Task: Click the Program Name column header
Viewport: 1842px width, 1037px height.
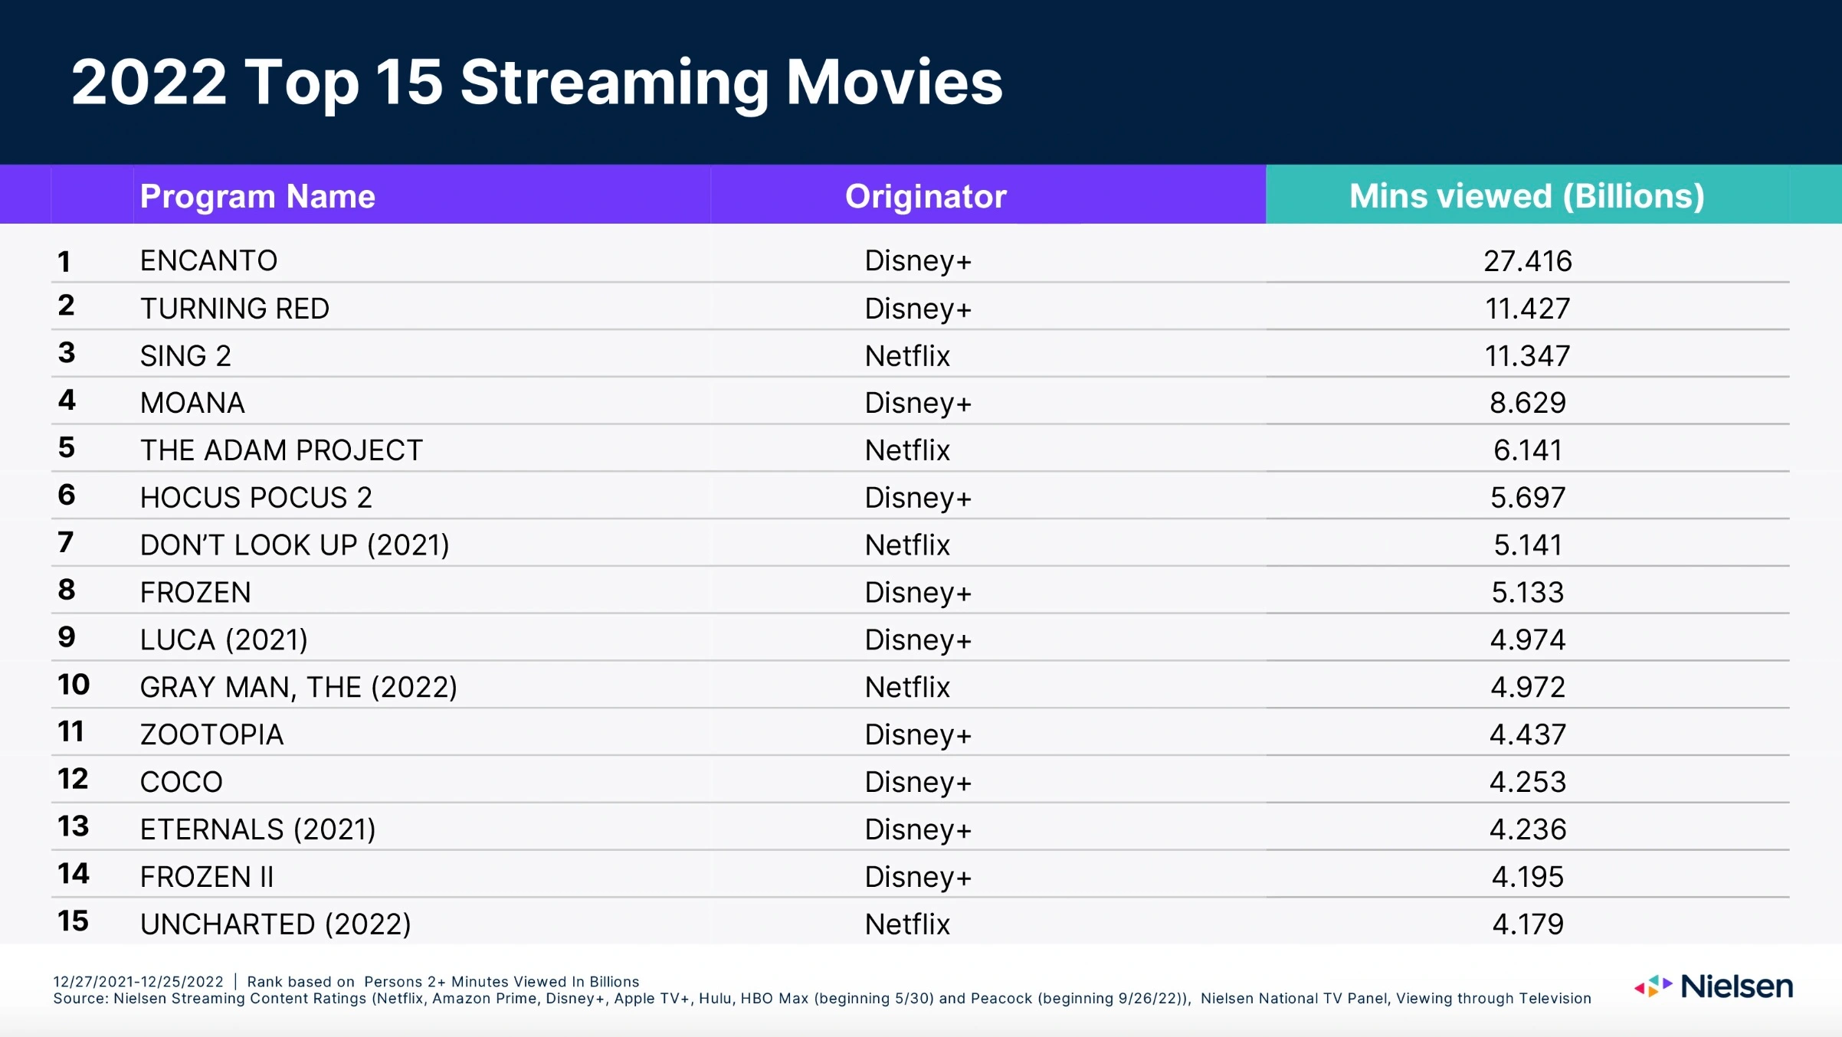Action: pyautogui.click(x=257, y=196)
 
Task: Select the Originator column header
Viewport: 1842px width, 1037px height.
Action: pyautogui.click(x=926, y=196)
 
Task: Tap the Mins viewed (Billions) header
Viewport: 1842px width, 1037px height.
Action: pyautogui.click(x=1526, y=196)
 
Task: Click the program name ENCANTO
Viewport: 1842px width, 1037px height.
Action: pyautogui.click(x=208, y=260)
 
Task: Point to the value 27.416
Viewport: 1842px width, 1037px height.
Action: pyautogui.click(x=1527, y=260)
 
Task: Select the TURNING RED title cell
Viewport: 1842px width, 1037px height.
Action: pyautogui.click(x=234, y=308)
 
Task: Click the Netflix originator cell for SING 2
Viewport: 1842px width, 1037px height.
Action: pyautogui.click(x=907, y=355)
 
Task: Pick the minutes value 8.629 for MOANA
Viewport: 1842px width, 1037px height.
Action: pyautogui.click(x=1527, y=403)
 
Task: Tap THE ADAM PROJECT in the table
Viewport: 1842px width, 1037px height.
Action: pyautogui.click(x=281, y=450)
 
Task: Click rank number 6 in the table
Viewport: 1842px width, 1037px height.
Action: pyautogui.click(x=67, y=495)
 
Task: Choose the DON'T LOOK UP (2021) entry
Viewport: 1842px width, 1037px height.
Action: pyautogui.click(x=294, y=545)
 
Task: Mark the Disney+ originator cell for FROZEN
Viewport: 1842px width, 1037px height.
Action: pyautogui.click(x=918, y=593)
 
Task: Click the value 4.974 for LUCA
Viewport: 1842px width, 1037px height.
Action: pyautogui.click(x=1527, y=640)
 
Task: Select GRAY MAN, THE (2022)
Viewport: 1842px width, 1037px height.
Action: pyautogui.click(x=298, y=687)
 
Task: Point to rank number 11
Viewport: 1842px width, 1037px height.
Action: pyautogui.click(x=71, y=731)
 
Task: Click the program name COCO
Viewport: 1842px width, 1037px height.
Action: pyautogui.click(x=181, y=782)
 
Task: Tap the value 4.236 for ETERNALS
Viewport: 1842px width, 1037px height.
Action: pyautogui.click(x=1527, y=829)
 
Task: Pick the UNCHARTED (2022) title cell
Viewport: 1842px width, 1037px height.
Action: pyautogui.click(x=275, y=924)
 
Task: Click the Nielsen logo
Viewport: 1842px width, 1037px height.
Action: pyautogui.click(x=1714, y=986)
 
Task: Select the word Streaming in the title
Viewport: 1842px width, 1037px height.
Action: pyautogui.click(x=615, y=83)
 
